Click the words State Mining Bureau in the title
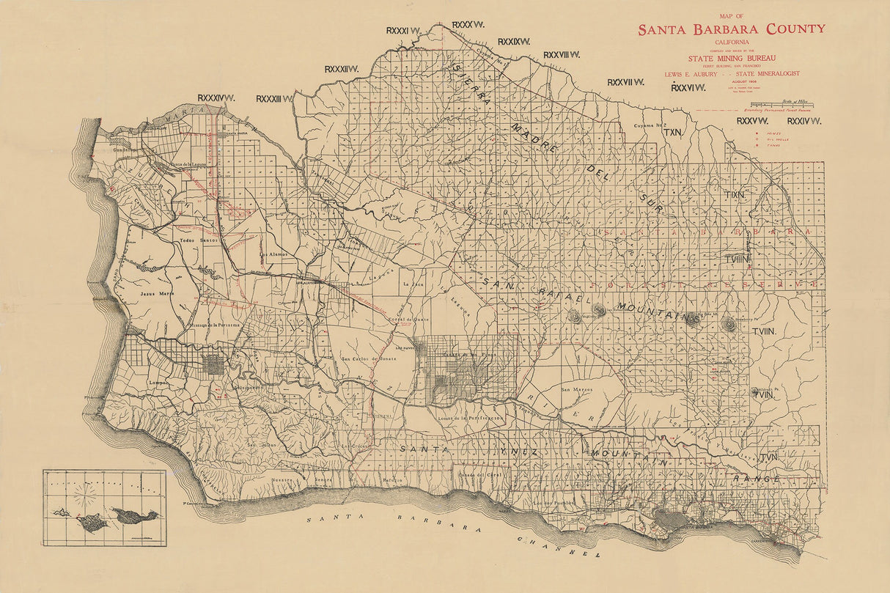731,58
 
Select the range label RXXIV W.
803,120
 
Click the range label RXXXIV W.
216,97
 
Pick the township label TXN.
672,133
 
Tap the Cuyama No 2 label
649,126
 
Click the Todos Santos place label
194,240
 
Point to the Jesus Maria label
156,293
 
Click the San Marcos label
576,389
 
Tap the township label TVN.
768,457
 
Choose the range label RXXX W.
468,25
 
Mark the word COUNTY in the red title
795,29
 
